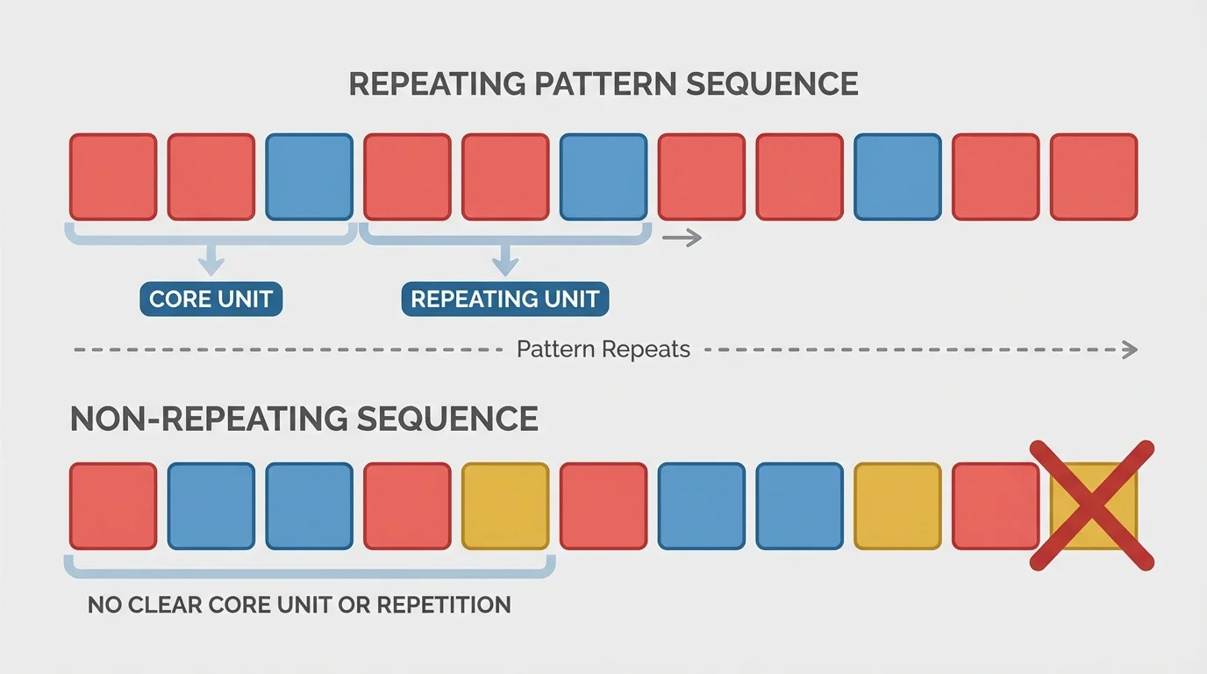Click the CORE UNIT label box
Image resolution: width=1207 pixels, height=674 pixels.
[x=211, y=299]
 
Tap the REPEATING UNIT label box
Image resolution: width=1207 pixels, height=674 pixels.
[x=504, y=299]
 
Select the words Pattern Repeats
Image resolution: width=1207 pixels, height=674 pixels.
[x=603, y=349]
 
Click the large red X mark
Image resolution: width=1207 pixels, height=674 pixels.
[x=1092, y=505]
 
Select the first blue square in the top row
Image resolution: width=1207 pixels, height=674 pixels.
[x=310, y=176]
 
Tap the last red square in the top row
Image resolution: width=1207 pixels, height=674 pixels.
[x=1094, y=176]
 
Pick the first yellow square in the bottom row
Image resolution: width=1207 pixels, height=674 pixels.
[x=505, y=506]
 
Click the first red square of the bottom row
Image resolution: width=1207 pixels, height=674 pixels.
[x=113, y=506]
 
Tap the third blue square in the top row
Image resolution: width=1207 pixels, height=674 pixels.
[x=897, y=176]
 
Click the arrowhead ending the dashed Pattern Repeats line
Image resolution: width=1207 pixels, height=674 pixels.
[x=1131, y=349]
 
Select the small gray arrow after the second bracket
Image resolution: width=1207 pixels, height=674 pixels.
[x=682, y=237]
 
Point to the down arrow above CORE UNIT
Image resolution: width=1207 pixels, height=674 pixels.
[x=210, y=260]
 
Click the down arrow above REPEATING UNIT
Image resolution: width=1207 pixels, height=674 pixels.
[x=504, y=260]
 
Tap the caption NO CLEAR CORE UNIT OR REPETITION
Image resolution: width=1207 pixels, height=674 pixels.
[x=299, y=605]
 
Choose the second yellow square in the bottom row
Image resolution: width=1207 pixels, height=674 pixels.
[x=897, y=506]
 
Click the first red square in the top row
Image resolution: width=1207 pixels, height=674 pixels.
[x=113, y=176]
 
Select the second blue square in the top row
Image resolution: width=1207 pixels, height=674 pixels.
[x=603, y=176]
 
